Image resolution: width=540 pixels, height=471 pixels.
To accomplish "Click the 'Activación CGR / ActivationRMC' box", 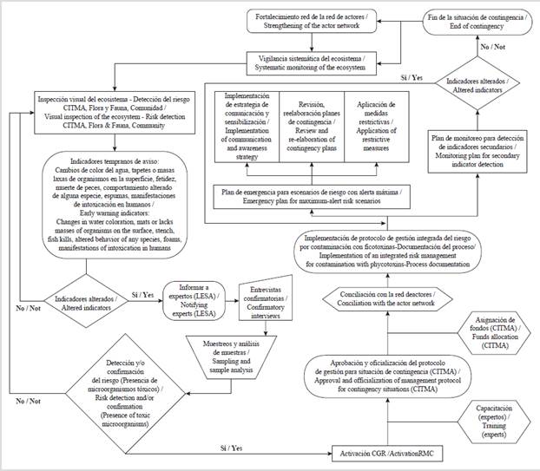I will tap(390, 453).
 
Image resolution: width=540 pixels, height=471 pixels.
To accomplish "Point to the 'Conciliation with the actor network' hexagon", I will tap(387, 299).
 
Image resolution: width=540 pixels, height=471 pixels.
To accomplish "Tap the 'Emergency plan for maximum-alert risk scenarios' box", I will tap(313, 195).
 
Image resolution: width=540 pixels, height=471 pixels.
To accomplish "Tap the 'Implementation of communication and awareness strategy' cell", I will tap(248, 127).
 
